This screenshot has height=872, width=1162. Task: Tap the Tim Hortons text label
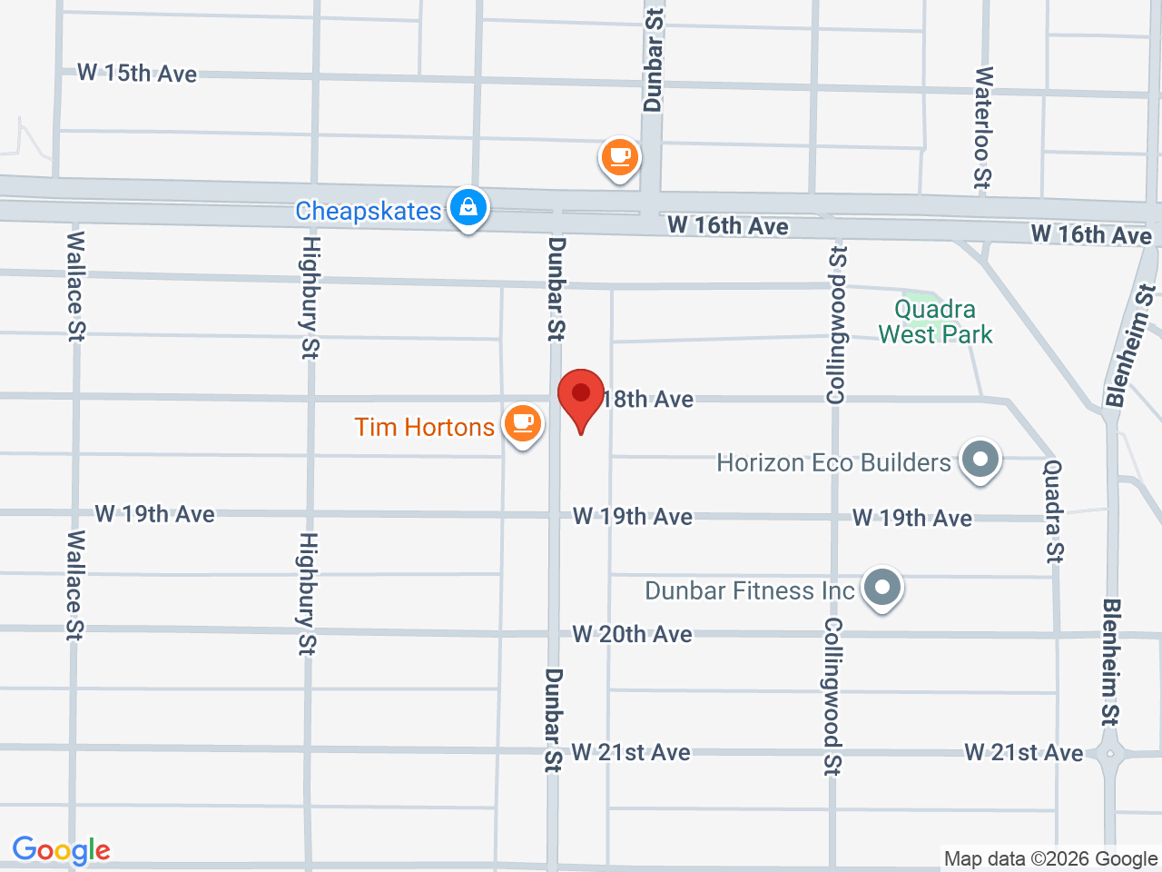[x=424, y=427]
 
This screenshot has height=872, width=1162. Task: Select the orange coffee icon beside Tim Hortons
[x=523, y=422]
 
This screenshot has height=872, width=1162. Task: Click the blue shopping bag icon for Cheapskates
[x=468, y=208]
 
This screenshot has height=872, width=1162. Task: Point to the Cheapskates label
[x=368, y=211]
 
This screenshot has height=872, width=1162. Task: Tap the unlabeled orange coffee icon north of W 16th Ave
[x=620, y=158]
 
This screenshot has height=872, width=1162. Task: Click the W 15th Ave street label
[x=137, y=74]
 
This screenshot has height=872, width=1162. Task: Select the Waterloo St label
[x=982, y=127]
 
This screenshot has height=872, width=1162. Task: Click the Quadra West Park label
[x=935, y=322]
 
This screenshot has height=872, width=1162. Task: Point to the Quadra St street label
[x=1053, y=510]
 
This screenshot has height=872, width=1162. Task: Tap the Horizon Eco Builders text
[x=833, y=462]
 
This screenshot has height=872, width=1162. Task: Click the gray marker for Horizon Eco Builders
[x=980, y=459]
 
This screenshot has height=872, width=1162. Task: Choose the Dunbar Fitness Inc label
[x=750, y=590]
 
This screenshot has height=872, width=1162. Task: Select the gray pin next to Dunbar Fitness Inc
[x=881, y=587]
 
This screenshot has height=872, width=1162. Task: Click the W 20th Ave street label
[x=632, y=634]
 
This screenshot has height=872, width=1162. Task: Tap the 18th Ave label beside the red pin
[x=648, y=399]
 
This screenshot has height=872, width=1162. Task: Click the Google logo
[x=61, y=850]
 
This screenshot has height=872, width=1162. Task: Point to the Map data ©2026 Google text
[x=1050, y=858]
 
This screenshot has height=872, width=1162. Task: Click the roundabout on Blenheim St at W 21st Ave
[x=1110, y=753]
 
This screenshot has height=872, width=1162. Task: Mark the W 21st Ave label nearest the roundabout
[x=1023, y=752]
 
